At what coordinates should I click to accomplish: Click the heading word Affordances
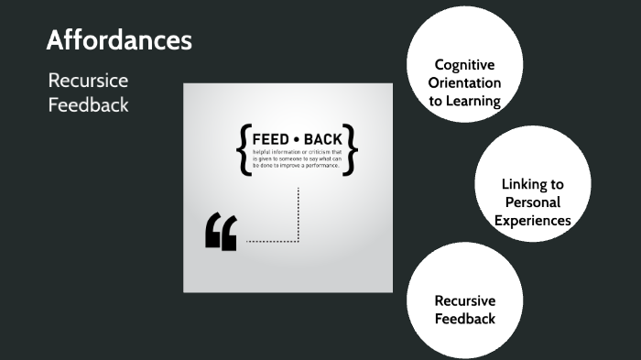tap(119, 40)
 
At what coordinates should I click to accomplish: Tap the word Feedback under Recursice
tap(88, 104)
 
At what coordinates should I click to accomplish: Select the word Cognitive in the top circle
tap(464, 65)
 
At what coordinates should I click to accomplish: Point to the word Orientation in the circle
tap(464, 83)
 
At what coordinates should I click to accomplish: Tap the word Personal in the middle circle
tap(532, 202)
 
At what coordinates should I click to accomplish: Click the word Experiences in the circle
tap(532, 221)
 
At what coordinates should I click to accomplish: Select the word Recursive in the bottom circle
tap(464, 300)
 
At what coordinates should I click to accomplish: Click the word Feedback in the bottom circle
tap(464, 319)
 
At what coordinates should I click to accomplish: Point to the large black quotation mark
tap(222, 233)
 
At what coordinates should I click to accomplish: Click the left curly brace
tap(243, 149)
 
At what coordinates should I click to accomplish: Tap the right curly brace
tap(352, 149)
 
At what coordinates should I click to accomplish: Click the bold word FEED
tap(270, 139)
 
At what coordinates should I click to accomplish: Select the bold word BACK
tap(322, 139)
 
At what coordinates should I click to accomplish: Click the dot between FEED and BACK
tap(297, 139)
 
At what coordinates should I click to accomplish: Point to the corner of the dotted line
tap(299, 241)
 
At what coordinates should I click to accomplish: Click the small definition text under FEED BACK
tap(297, 159)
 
